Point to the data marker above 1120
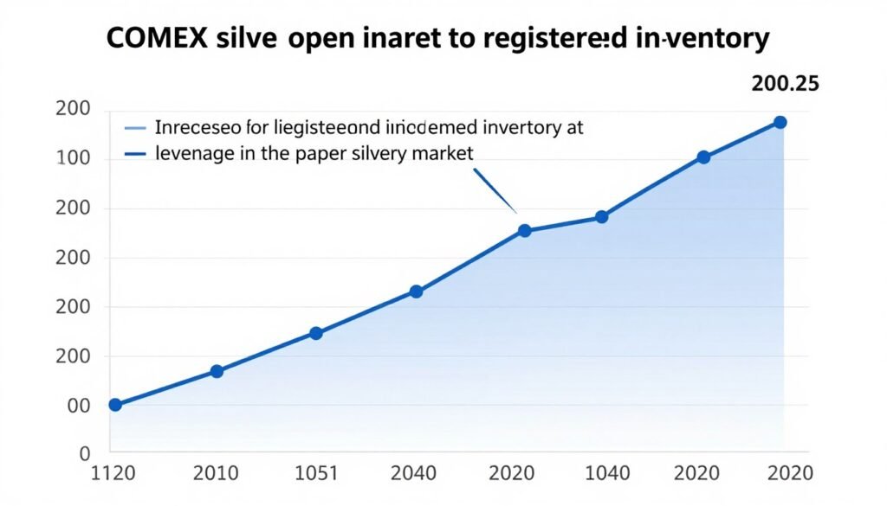click(x=115, y=405)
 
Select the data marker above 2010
click(x=217, y=371)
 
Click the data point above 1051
click(x=316, y=333)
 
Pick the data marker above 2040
click(x=416, y=291)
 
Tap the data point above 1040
click(x=602, y=217)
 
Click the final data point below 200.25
click(x=780, y=122)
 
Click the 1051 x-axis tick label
click(x=316, y=473)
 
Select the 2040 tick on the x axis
click(x=416, y=473)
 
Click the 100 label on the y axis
click(x=73, y=159)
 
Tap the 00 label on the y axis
click(x=80, y=406)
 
